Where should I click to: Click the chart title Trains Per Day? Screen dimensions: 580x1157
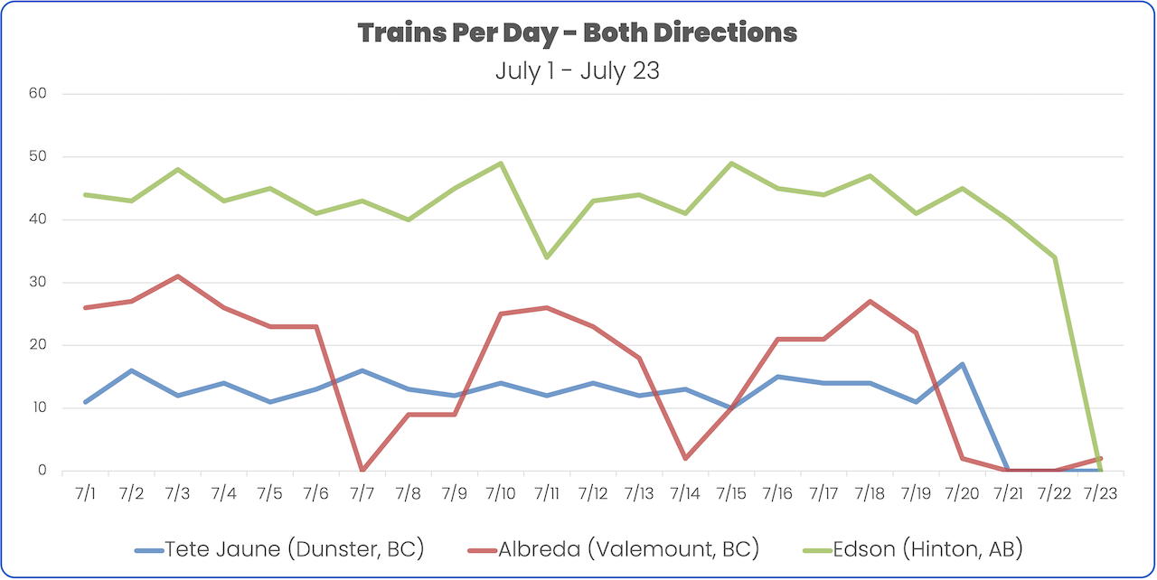578,33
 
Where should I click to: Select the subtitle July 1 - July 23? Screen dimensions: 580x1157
578,70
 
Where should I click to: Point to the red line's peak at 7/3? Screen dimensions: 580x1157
177,276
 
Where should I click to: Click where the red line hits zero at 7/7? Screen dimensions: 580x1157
362,470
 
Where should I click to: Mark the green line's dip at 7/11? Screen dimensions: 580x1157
546,257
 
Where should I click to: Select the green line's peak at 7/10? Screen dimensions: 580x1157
500,164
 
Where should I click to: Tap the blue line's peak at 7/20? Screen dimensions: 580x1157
961,364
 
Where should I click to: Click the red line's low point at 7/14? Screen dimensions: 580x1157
684,458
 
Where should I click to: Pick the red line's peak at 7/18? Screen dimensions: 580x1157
869,301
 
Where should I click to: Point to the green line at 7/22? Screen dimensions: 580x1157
1053,257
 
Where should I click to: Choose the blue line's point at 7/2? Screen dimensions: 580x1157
131,370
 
